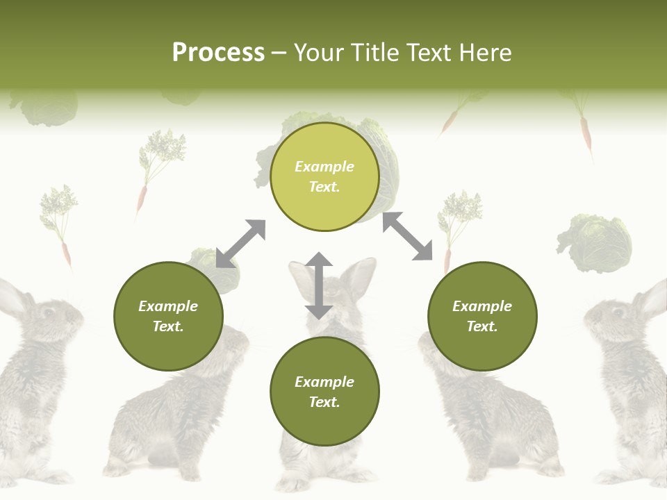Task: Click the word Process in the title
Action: (218, 53)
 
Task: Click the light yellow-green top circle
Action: (324, 176)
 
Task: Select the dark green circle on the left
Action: (168, 316)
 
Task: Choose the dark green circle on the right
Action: (482, 316)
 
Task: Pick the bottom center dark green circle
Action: (324, 392)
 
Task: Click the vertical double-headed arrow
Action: (319, 285)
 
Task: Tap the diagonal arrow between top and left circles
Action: (240, 244)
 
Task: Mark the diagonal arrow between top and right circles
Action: (407, 236)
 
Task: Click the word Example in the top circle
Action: (324, 167)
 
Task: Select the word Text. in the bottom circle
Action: (324, 402)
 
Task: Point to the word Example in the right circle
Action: (482, 306)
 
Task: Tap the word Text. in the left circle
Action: (168, 326)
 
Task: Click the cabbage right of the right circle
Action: (595, 243)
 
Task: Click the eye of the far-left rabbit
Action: (47, 312)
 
